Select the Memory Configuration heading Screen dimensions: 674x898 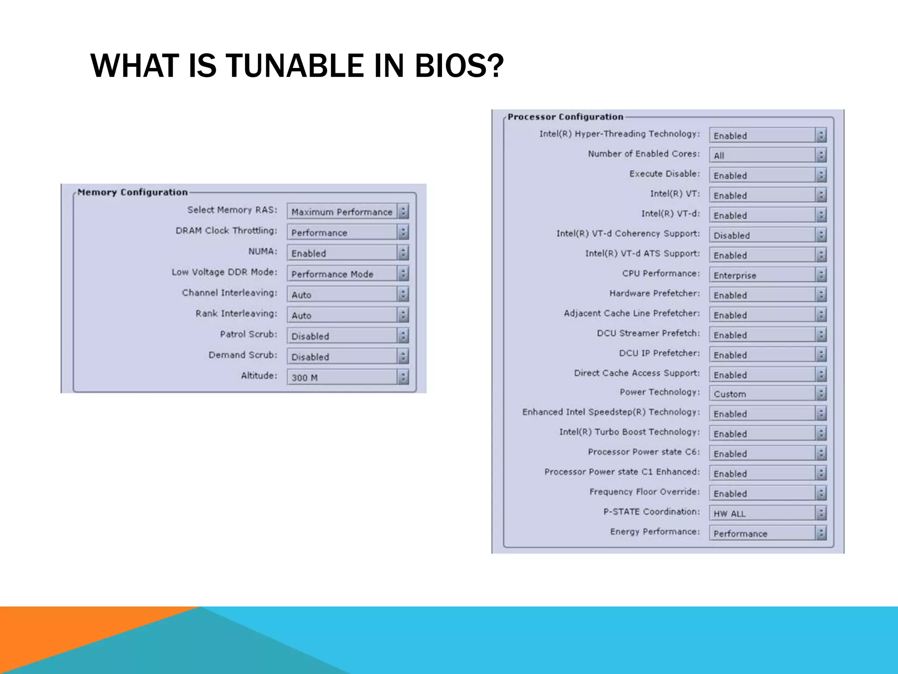[132, 192]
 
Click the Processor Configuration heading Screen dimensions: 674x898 [565, 117]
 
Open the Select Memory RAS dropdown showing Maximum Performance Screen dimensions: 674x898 [342, 212]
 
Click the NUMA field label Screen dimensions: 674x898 [263, 251]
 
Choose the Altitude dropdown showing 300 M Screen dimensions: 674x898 [342, 377]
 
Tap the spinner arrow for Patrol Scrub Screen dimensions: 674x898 [403, 336]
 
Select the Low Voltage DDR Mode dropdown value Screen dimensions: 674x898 [342, 274]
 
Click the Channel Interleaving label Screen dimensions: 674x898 [229, 293]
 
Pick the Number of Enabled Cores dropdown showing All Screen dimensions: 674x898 [762, 155]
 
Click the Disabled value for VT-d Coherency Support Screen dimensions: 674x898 [762, 235]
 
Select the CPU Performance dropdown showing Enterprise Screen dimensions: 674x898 [762, 275]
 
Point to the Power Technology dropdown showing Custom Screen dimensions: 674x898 [762, 394]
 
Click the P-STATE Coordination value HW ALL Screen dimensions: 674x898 [762, 513]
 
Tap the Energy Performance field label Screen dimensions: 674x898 [655, 531]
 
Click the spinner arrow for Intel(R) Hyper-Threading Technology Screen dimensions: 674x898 [821, 135]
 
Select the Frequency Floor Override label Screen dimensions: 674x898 [644, 491]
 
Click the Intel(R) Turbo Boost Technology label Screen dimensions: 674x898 [629, 432]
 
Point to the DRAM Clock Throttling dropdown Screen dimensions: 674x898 [342, 233]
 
